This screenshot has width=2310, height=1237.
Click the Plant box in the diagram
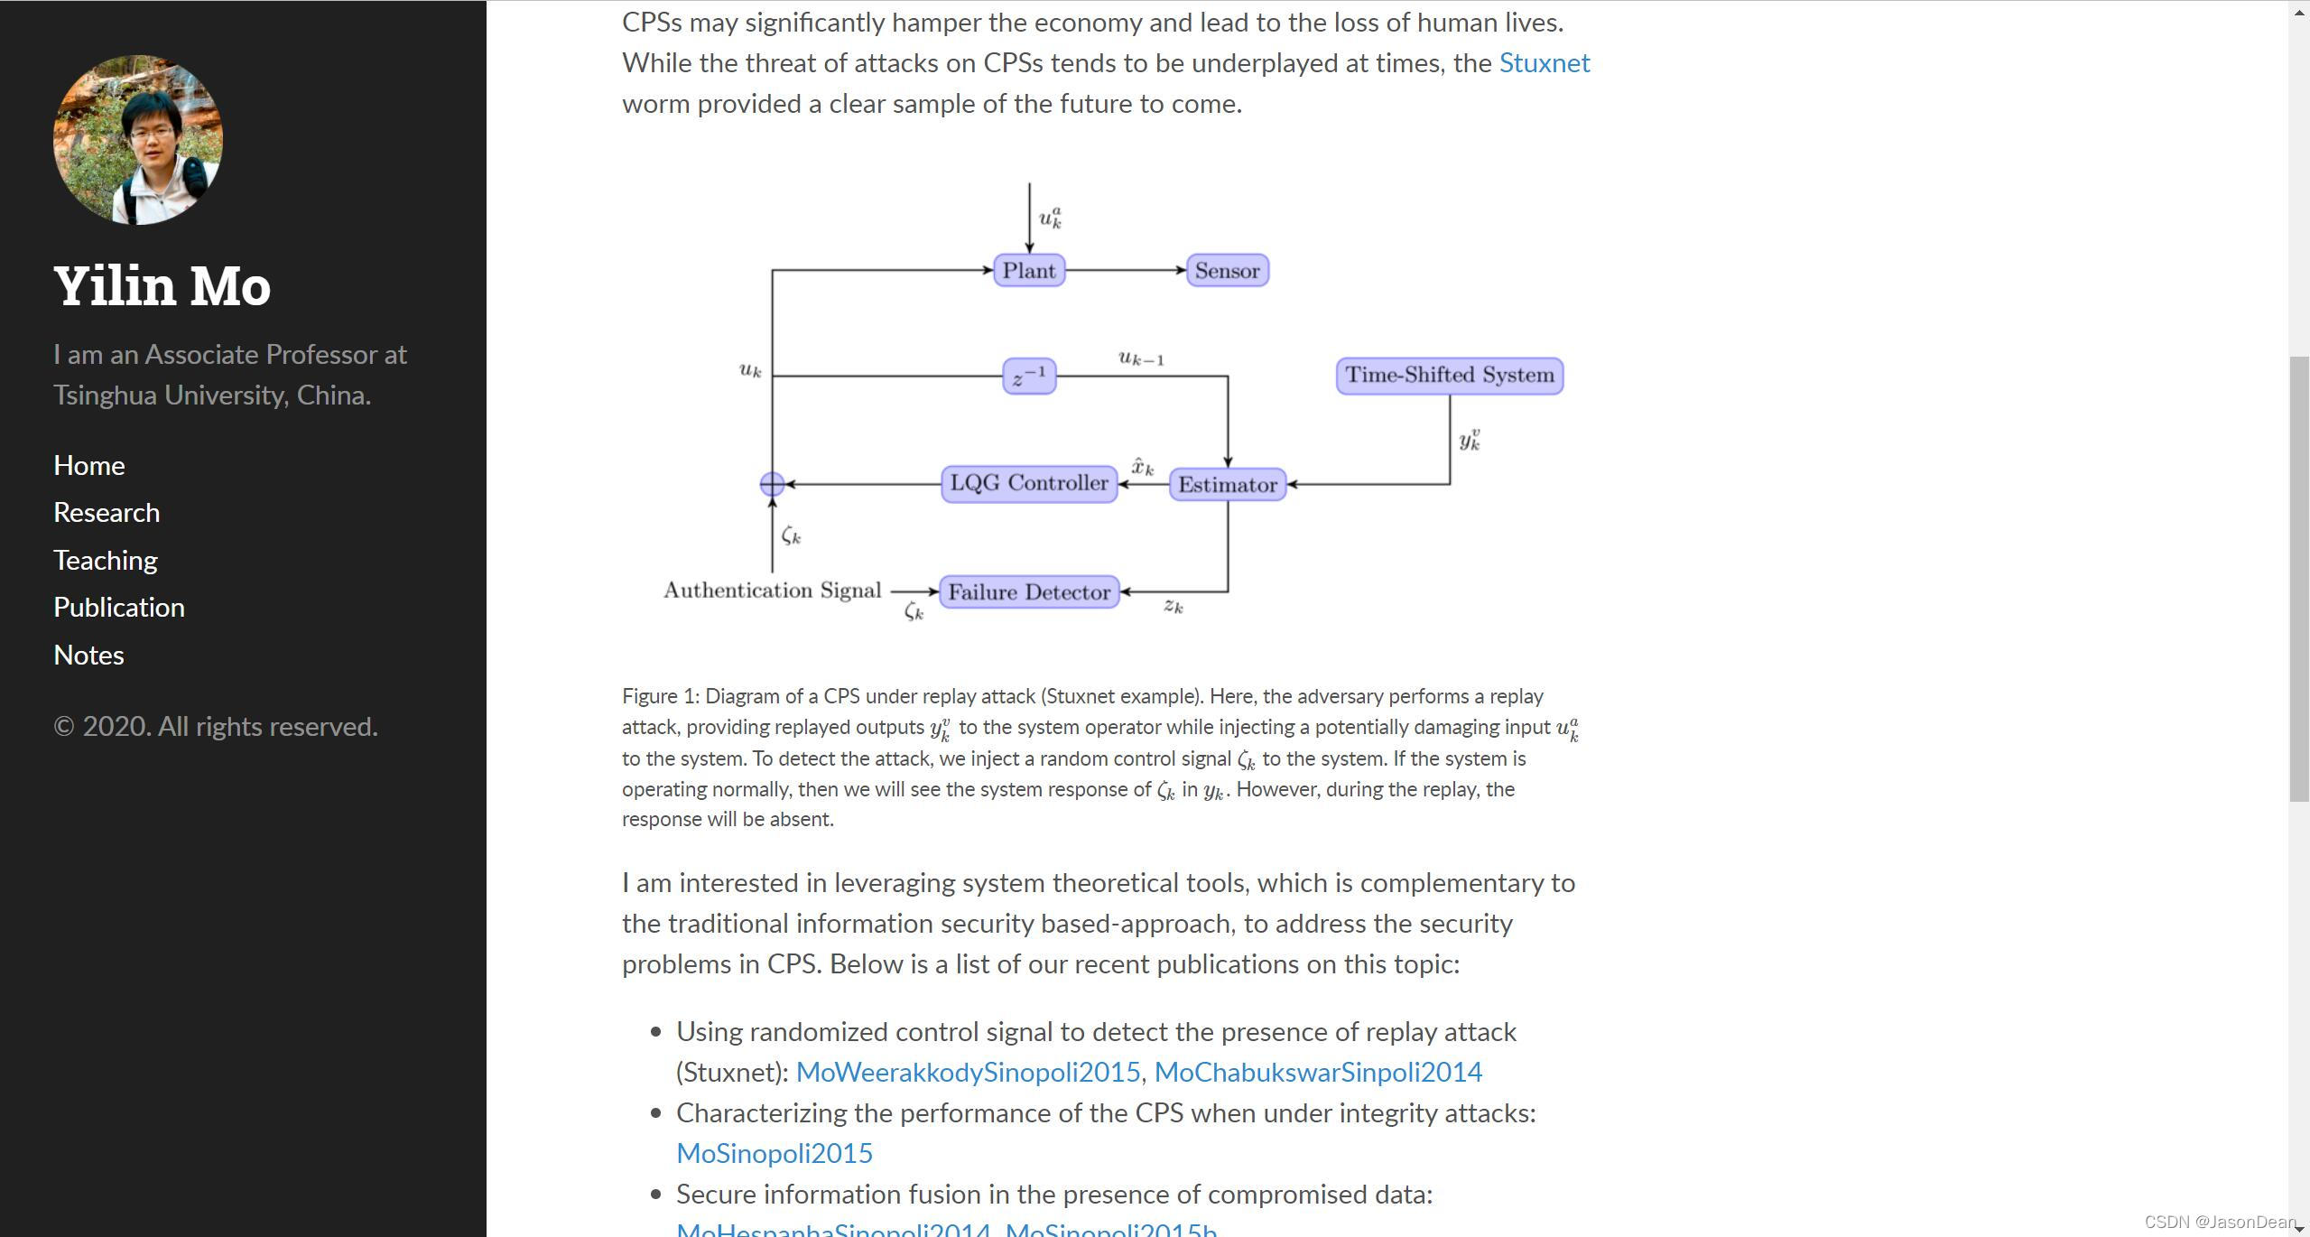1028,271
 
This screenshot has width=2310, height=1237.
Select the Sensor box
1227,271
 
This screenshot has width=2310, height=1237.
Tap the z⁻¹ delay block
1029,377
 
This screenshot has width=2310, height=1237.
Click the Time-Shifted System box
1449,376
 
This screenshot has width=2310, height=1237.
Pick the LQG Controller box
1029,484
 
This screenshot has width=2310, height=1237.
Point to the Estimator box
1228,485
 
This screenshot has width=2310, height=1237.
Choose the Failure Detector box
1029,592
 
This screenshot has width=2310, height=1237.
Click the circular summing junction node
772,485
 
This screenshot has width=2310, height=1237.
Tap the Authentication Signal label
772,591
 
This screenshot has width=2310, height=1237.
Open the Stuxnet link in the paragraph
1544,63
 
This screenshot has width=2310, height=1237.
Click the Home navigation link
89,466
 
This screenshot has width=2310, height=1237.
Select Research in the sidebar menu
107,513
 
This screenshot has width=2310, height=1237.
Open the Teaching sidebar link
106,561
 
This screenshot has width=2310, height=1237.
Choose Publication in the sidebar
119,608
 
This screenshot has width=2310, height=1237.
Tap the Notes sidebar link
88,656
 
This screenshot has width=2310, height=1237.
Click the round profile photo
138,140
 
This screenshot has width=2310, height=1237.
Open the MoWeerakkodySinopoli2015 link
968,1073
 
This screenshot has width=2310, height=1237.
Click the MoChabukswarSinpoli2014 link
1318,1073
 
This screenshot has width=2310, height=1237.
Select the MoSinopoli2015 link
775,1154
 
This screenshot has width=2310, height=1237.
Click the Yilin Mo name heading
162,286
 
